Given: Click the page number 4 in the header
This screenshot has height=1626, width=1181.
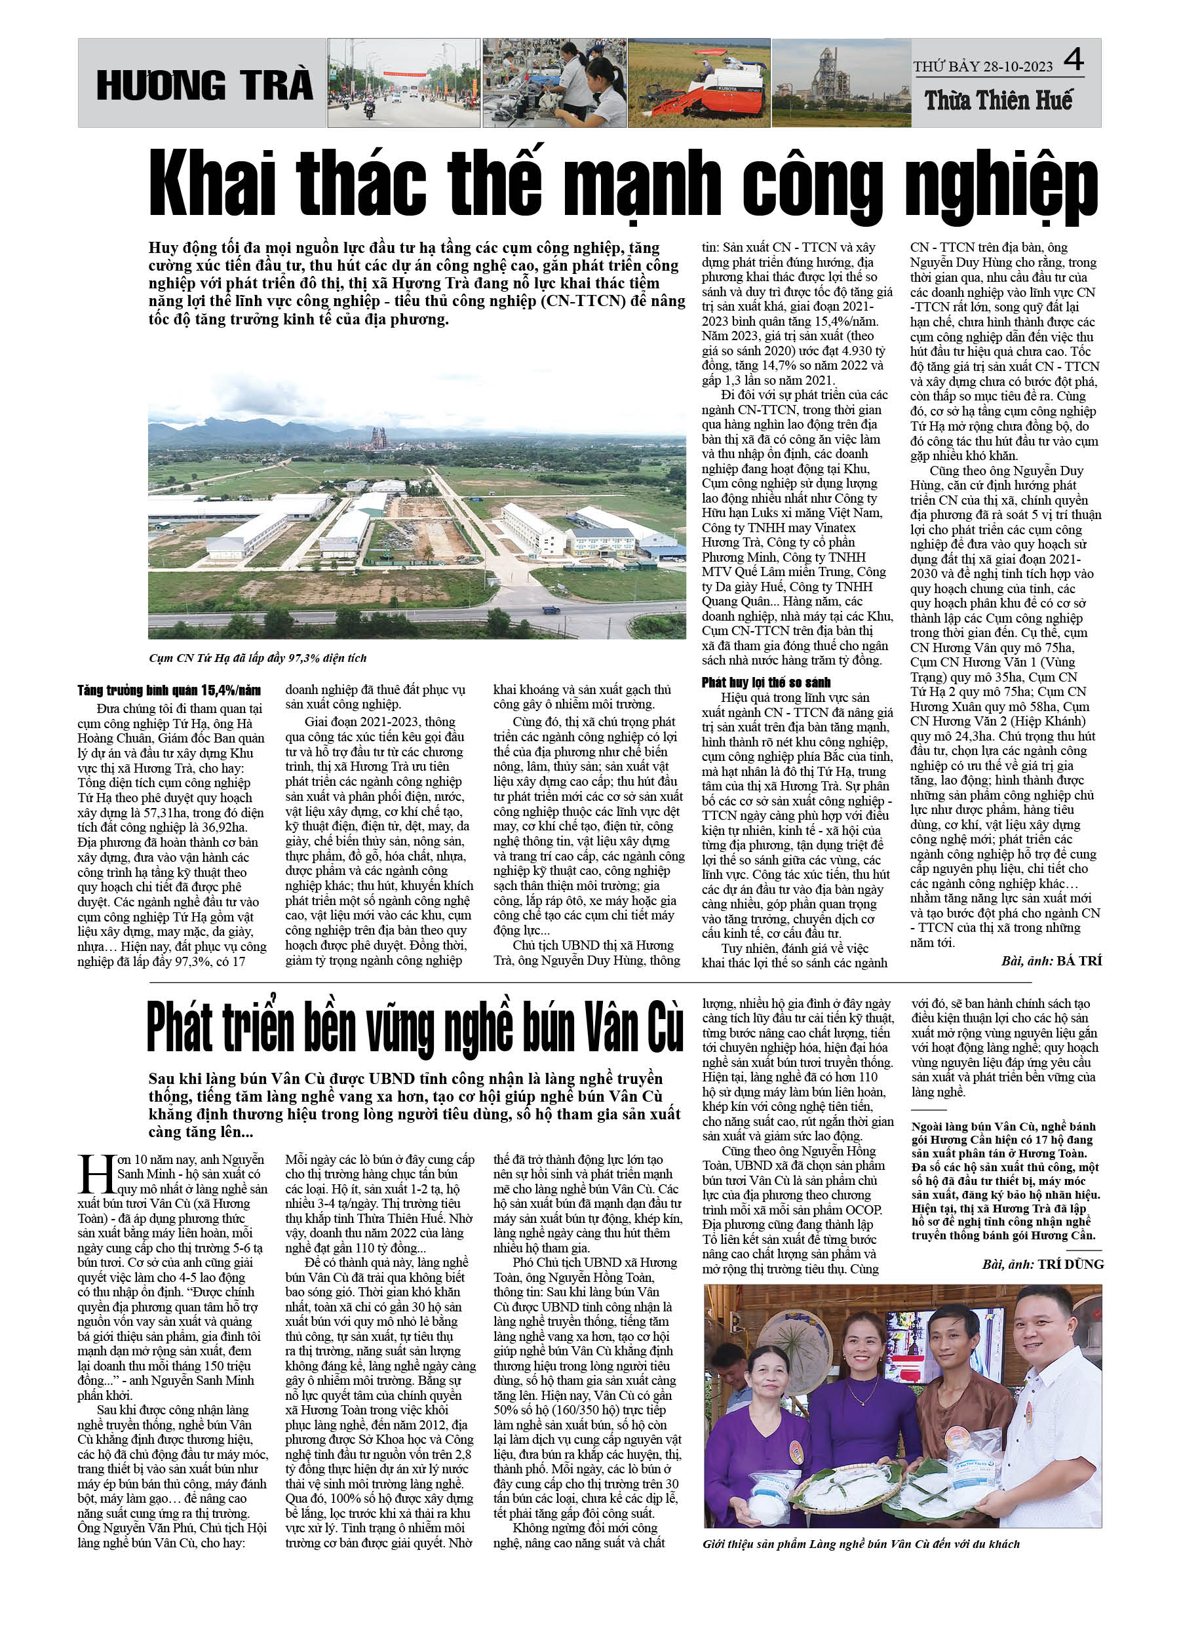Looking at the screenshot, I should [1073, 60].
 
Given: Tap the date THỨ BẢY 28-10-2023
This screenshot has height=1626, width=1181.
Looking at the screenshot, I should [982, 67].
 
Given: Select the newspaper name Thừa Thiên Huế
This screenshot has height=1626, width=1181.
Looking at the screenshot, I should [998, 100].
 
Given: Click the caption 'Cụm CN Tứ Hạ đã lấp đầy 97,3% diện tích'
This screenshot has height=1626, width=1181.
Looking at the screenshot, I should [258, 658].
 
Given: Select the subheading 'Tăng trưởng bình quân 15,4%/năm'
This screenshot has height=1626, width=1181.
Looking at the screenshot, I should [169, 690].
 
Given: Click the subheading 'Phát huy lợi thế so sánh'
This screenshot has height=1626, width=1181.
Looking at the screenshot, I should [766, 682].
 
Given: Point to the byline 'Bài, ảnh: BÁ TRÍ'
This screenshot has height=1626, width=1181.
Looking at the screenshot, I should [1051, 961].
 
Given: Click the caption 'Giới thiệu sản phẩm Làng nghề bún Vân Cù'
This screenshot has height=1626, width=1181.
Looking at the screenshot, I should [861, 1543].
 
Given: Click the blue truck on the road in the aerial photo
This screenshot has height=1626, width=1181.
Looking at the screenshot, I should [551, 611].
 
